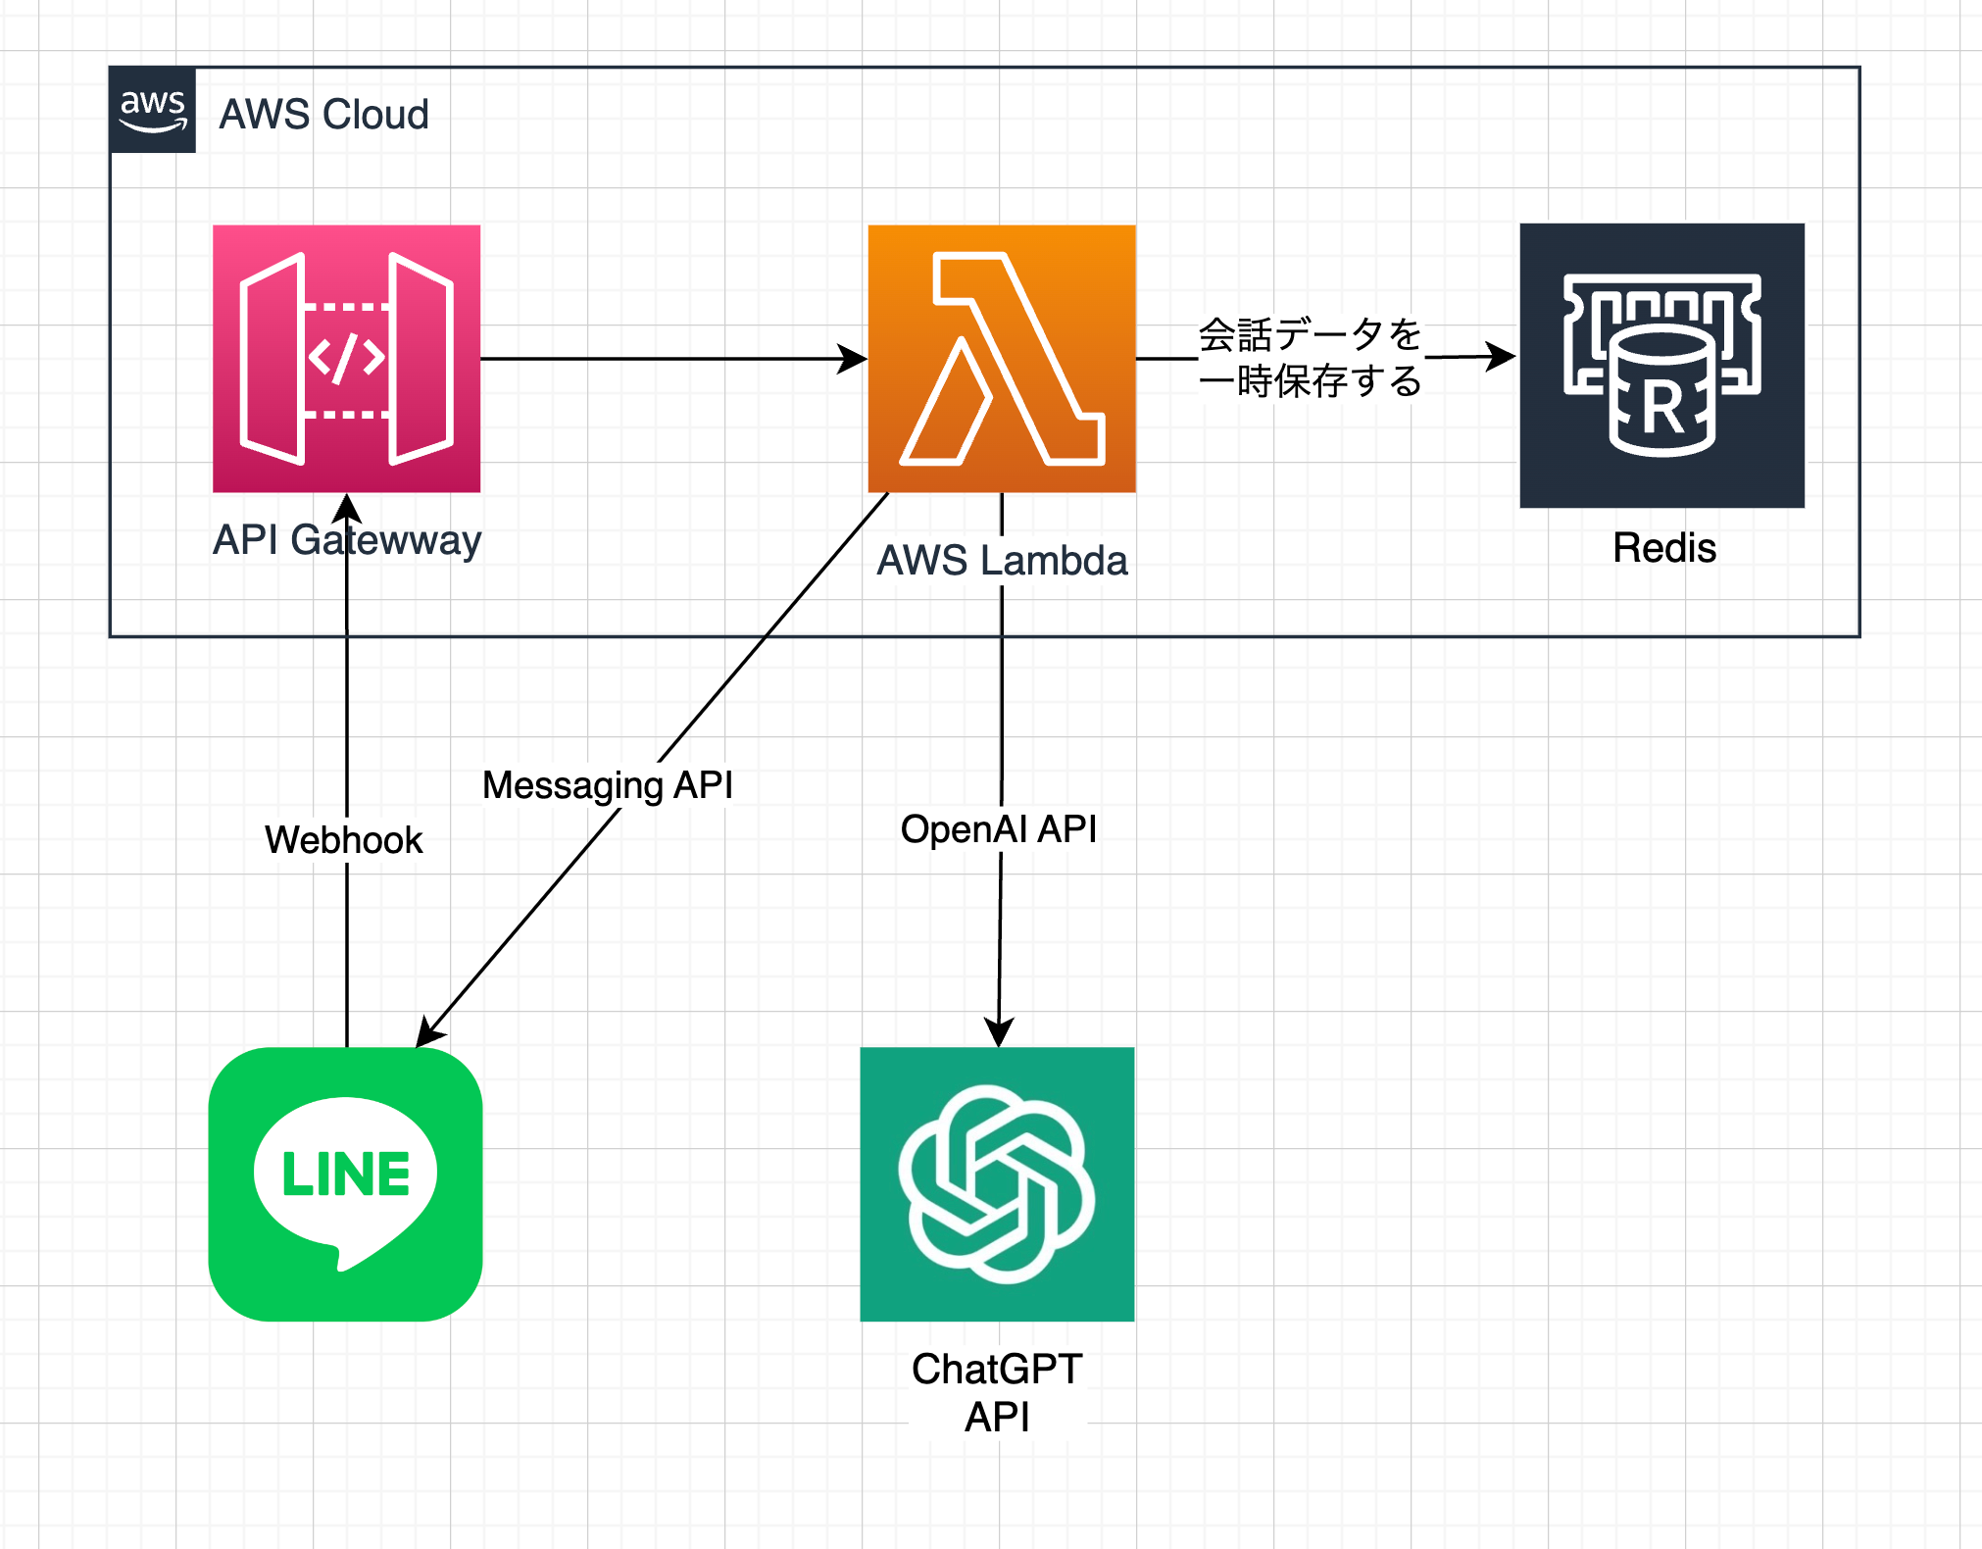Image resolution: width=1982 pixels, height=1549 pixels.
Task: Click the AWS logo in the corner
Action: pyautogui.click(x=152, y=110)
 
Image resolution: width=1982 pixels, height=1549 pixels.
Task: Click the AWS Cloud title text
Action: pyautogui.click(x=323, y=115)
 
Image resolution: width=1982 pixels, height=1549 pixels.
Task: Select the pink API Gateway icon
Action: pyautogui.click(x=346, y=359)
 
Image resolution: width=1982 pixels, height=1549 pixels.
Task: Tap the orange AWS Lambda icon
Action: pyautogui.click(x=1001, y=359)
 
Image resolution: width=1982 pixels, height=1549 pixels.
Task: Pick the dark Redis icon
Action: pyautogui.click(x=1661, y=366)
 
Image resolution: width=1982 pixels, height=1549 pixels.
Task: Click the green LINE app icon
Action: pyautogui.click(x=345, y=1183)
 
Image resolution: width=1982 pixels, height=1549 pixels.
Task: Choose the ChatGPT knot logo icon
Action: pyautogui.click(x=997, y=1183)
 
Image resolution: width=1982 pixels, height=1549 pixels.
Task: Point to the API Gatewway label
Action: pyautogui.click(x=347, y=540)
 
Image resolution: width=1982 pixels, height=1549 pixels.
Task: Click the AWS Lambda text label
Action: pyautogui.click(x=1002, y=561)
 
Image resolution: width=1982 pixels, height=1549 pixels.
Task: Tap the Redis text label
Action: pyautogui.click(x=1663, y=548)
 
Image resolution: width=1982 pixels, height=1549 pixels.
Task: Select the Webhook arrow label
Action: pyautogui.click(x=344, y=840)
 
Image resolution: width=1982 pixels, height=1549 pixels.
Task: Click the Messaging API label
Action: pyautogui.click(x=608, y=785)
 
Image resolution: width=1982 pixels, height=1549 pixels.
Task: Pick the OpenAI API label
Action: pyautogui.click(x=998, y=829)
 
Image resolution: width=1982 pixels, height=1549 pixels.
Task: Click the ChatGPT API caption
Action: pyautogui.click(x=997, y=1392)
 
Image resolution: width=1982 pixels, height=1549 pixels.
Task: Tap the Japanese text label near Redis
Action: pyautogui.click(x=1310, y=358)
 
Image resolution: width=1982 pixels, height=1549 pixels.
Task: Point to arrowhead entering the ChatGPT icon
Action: pyautogui.click(x=999, y=1031)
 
